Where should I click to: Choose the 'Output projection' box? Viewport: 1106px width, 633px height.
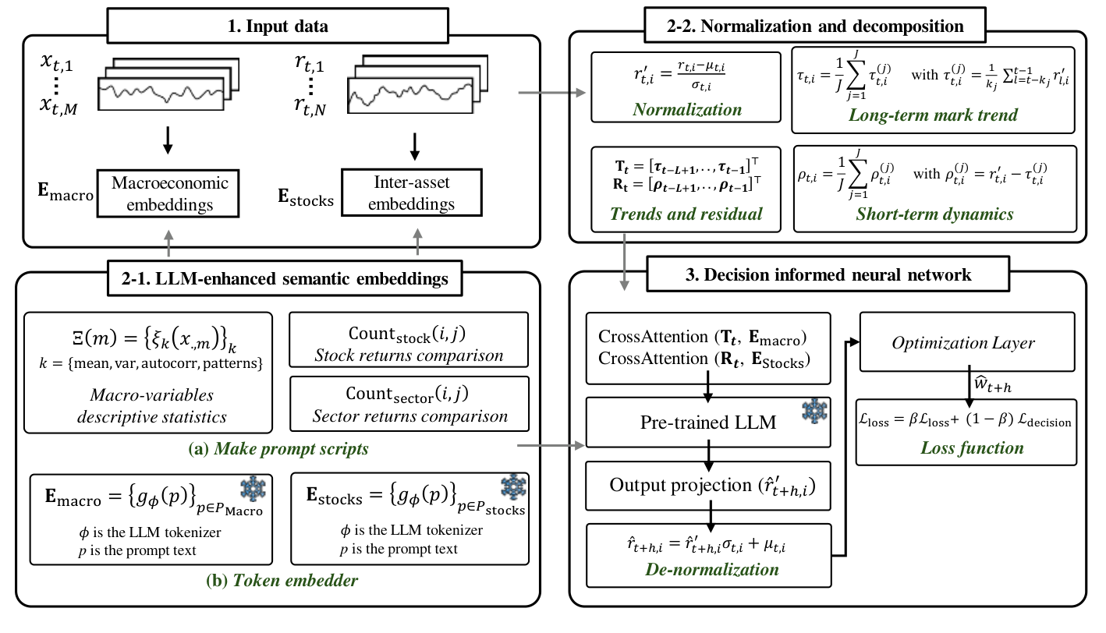tap(708, 485)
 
